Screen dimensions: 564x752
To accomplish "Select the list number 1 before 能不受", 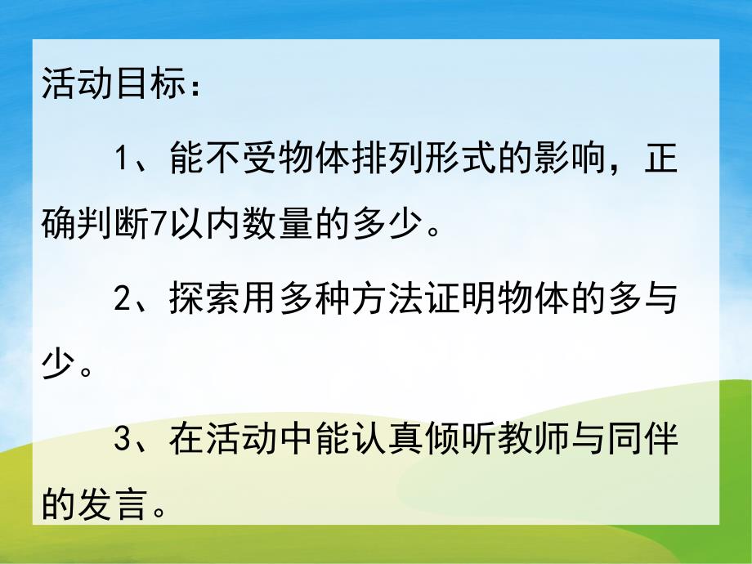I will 123,157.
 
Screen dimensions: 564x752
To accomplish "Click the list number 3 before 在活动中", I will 123,441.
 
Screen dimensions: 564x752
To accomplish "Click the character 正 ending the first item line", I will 658,157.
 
